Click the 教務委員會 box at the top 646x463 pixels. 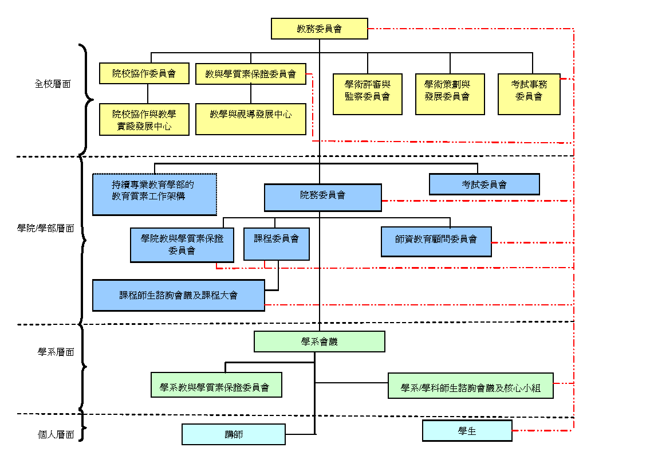(319, 29)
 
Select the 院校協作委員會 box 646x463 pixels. (144, 73)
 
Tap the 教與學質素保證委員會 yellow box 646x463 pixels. (251, 73)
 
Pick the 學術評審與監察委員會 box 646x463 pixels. (367, 94)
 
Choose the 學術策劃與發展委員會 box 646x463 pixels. (450, 94)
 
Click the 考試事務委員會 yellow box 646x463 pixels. (529, 94)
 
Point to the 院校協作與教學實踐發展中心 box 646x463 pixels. (144, 119)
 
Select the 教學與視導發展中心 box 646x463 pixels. (251, 119)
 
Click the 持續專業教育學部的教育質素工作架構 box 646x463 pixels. (155, 194)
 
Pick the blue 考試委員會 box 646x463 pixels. (484, 185)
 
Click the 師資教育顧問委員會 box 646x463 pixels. (436, 241)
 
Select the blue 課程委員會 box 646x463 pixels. (276, 244)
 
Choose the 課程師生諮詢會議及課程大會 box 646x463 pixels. (178, 295)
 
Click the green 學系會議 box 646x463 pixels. (319, 342)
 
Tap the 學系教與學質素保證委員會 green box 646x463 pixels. (216, 384)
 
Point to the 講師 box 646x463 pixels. (233, 434)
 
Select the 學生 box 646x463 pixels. (467, 431)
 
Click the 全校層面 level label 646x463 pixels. (53, 84)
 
